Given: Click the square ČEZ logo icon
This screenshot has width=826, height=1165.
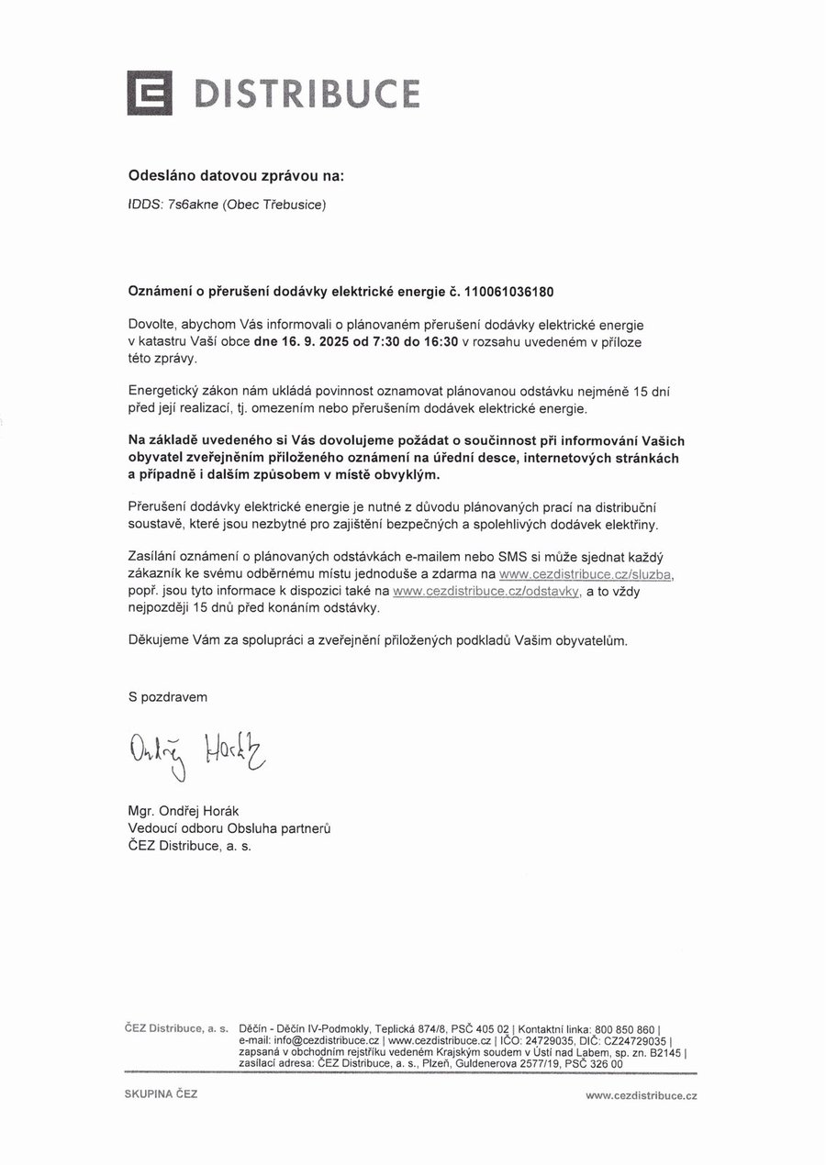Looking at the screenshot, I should click(149, 93).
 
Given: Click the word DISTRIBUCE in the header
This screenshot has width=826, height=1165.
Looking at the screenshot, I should click(307, 94).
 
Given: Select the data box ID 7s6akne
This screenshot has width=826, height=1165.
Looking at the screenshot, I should click(193, 205).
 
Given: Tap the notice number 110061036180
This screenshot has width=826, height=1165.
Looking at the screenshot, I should click(510, 292).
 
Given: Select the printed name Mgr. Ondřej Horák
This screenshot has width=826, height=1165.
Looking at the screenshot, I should click(184, 812).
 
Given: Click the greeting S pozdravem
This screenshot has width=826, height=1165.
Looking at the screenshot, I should click(168, 697).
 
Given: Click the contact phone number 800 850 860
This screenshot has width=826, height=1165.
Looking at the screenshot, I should click(625, 1029).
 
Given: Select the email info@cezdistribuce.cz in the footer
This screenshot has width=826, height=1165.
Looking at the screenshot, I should click(310, 1041).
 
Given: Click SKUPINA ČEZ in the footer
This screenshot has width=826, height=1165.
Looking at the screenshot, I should click(162, 1094).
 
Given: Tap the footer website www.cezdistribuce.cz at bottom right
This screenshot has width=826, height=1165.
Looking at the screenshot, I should click(642, 1095).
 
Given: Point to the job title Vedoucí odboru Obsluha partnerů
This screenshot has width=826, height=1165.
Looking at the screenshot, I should click(229, 828).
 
